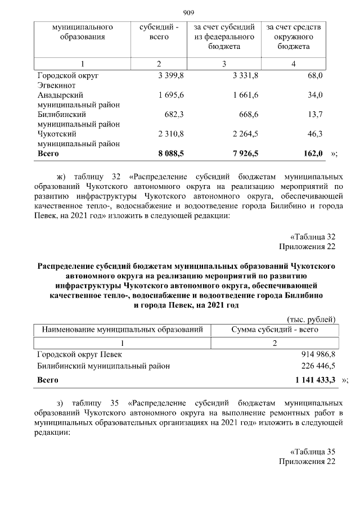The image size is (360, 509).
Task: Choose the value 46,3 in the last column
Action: [x=316, y=134]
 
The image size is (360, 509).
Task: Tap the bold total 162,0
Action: [x=313, y=152]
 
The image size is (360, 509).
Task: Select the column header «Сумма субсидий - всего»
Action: [x=275, y=330]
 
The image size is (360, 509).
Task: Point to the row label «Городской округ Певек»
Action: [x=79, y=354]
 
